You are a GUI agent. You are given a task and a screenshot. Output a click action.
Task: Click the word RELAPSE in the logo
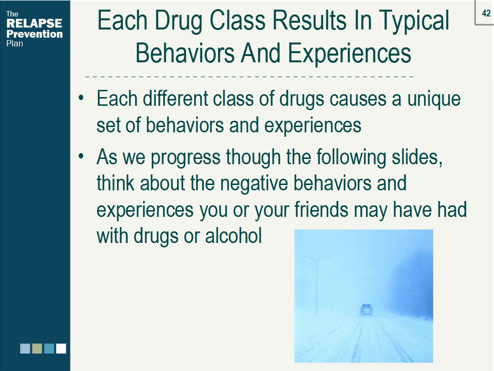[x=34, y=24]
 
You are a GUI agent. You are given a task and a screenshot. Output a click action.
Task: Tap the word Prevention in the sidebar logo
[x=34, y=34]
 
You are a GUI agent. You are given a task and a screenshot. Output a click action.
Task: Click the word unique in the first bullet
[x=434, y=99]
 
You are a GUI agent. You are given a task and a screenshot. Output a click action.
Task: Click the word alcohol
[x=234, y=236]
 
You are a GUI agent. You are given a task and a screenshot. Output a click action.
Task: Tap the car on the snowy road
[x=366, y=310]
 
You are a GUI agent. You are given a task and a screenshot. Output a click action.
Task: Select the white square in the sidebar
[x=61, y=348]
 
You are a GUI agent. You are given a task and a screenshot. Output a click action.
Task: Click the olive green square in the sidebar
[x=37, y=348]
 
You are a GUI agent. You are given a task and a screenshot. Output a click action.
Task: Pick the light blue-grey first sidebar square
[x=25, y=348]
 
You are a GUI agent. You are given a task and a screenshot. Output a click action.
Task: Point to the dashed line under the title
[x=249, y=77]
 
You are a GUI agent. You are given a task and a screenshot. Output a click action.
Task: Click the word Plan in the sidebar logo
[x=14, y=43]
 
